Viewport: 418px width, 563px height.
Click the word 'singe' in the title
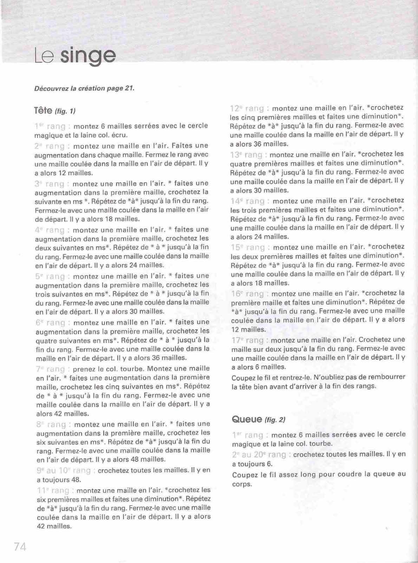90,57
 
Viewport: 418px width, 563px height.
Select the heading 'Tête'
43,110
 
